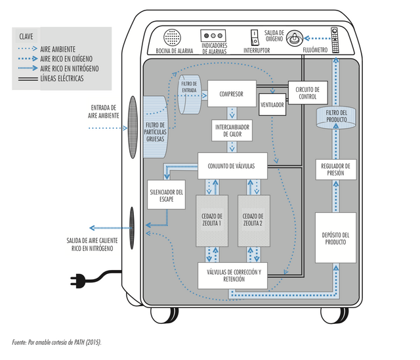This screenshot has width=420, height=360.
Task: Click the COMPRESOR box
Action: [x=232, y=93]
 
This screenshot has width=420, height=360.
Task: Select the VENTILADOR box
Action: [x=272, y=104]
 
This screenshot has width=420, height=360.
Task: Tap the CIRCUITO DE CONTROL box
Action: [x=308, y=93]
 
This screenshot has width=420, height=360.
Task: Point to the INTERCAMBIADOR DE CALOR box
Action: [x=232, y=131]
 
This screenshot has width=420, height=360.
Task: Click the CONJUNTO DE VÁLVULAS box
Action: [x=232, y=166]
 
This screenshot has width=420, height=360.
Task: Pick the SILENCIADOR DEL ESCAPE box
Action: [x=166, y=195]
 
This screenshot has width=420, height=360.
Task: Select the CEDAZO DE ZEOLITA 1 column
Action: [x=212, y=221]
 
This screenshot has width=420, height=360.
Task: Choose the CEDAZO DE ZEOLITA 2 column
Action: [x=254, y=221]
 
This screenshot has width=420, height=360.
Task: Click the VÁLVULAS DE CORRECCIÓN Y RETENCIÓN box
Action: [x=232, y=275]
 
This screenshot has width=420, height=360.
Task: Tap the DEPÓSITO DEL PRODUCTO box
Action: [x=335, y=238]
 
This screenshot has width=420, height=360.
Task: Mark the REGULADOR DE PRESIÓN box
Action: [x=336, y=169]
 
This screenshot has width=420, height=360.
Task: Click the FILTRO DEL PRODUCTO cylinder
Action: [x=336, y=117]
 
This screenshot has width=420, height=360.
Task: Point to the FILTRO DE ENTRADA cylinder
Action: [x=190, y=95]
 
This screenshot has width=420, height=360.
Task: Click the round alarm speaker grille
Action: [x=172, y=37]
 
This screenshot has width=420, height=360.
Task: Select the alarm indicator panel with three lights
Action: [x=213, y=35]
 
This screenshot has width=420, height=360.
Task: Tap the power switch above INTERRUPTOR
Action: [x=255, y=37]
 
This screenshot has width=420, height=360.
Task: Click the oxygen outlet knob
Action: [x=295, y=38]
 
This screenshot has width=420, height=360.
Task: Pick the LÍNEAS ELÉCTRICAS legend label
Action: [x=62, y=79]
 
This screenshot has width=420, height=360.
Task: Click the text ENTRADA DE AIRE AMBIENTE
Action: [x=104, y=112]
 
